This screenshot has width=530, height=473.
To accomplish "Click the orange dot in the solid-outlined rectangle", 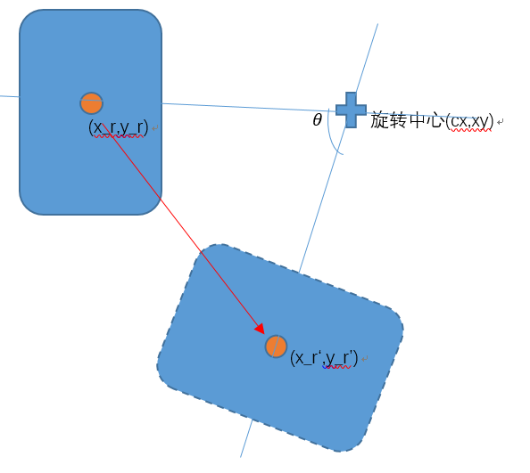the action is click(91, 103).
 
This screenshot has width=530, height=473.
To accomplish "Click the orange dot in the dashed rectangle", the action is click(276, 347).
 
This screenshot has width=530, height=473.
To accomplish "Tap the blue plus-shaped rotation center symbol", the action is click(351, 110).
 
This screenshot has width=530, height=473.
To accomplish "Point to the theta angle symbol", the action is click(317, 119).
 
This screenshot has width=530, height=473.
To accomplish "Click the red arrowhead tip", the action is click(264, 334).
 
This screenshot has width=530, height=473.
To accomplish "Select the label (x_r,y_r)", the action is click(119, 127).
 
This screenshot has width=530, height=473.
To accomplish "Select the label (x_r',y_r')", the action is click(324, 357).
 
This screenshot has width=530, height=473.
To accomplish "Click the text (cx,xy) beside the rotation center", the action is click(470, 121).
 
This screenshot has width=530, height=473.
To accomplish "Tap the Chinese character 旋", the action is click(380, 120).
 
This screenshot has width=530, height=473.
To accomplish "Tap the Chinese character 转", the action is click(399, 120).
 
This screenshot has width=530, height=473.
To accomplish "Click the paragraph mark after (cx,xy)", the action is click(501, 121).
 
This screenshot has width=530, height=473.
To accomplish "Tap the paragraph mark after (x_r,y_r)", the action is click(155, 128).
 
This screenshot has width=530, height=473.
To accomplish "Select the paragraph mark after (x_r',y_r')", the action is click(364, 359).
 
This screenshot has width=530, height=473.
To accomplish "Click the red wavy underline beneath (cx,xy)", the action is click(471, 130).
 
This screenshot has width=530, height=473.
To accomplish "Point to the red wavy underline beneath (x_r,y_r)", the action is click(119, 136).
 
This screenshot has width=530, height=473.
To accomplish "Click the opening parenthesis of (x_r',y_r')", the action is click(293, 358).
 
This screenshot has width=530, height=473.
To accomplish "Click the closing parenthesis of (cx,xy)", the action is click(492, 121).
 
